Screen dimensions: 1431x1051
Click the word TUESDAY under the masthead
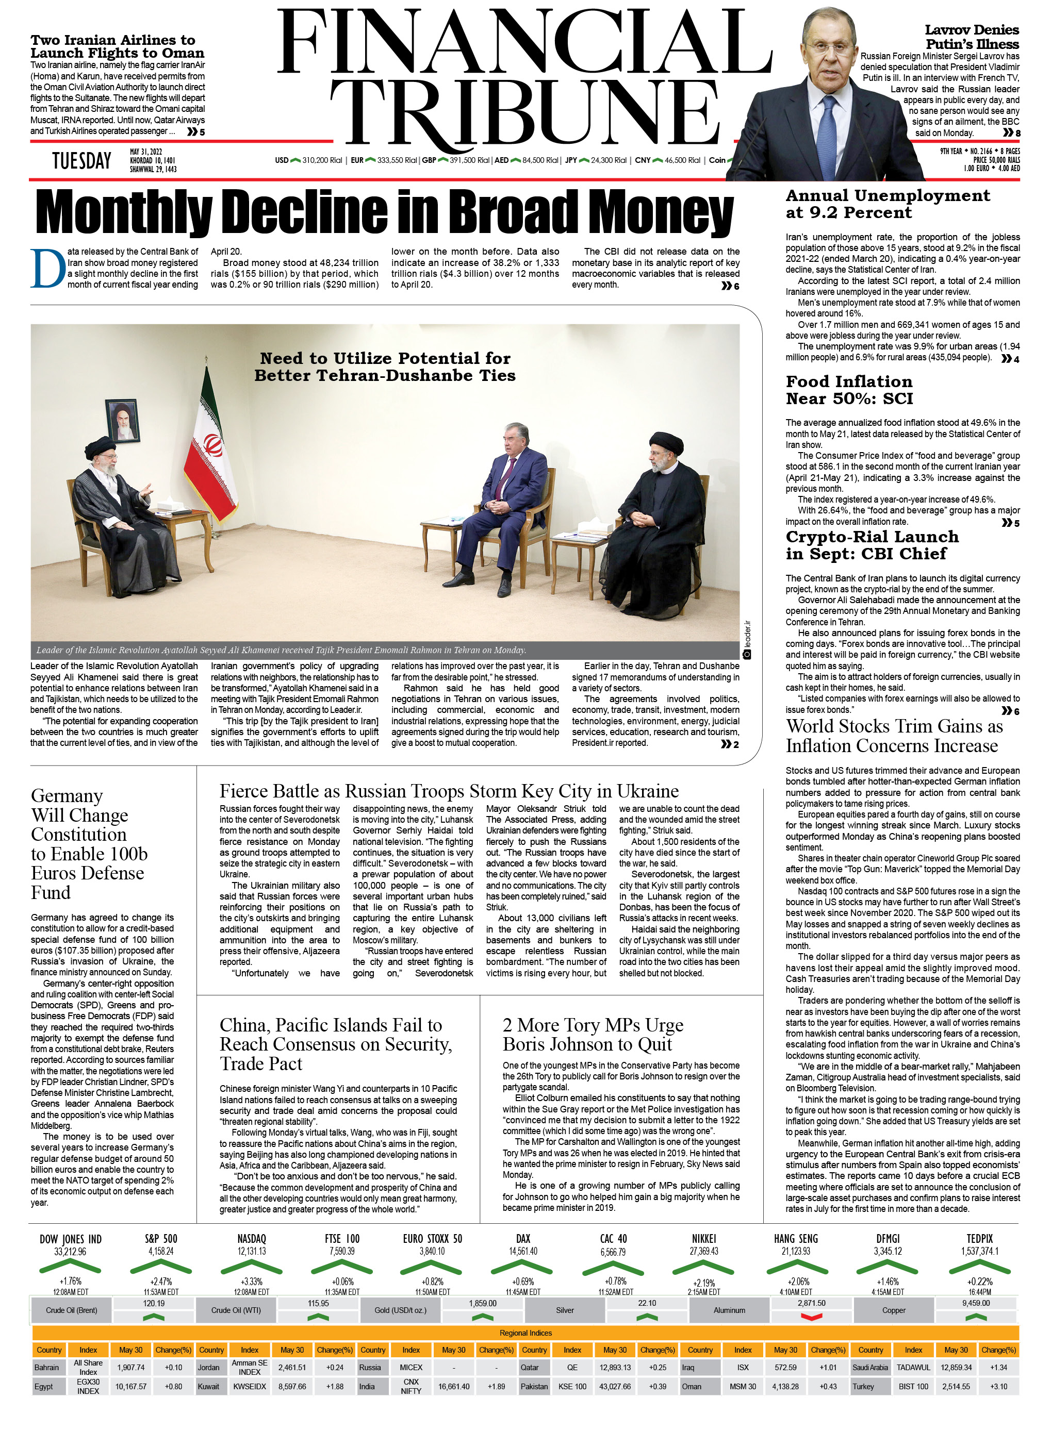[x=81, y=161]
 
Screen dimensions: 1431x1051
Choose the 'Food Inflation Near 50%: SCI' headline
[x=849, y=390]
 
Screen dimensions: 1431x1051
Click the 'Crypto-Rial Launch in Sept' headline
[x=872, y=545]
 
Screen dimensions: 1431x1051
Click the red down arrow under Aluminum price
[x=811, y=1317]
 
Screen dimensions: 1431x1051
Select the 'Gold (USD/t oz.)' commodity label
[x=400, y=1310]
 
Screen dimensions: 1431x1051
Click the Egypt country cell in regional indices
[x=44, y=1387]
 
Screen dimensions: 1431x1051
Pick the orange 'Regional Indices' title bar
[x=525, y=1333]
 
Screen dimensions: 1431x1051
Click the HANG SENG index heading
[x=795, y=1238]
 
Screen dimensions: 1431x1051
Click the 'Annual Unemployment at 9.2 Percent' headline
[x=887, y=204]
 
